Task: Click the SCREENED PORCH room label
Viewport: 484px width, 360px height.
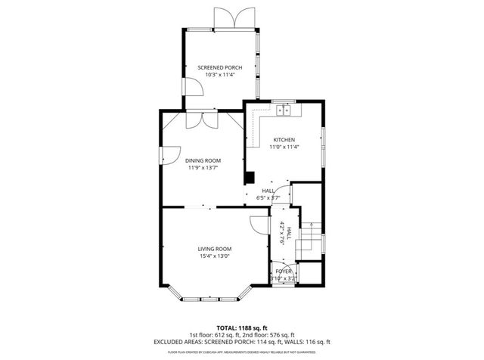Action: coord(220,68)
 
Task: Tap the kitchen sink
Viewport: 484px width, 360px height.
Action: coord(285,110)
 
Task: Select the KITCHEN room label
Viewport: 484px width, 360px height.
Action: coord(284,140)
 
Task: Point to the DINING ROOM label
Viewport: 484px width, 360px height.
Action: coord(203,160)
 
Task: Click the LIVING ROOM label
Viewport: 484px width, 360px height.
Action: coord(215,249)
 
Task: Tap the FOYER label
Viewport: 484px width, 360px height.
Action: coord(284,271)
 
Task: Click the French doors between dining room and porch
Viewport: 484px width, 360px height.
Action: coord(201,119)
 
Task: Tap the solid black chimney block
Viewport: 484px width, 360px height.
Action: coord(247,178)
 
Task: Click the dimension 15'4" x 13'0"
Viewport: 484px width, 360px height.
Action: coord(215,256)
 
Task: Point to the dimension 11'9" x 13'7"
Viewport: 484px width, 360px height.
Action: coord(203,168)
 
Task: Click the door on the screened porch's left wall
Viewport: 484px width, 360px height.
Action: coord(193,86)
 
